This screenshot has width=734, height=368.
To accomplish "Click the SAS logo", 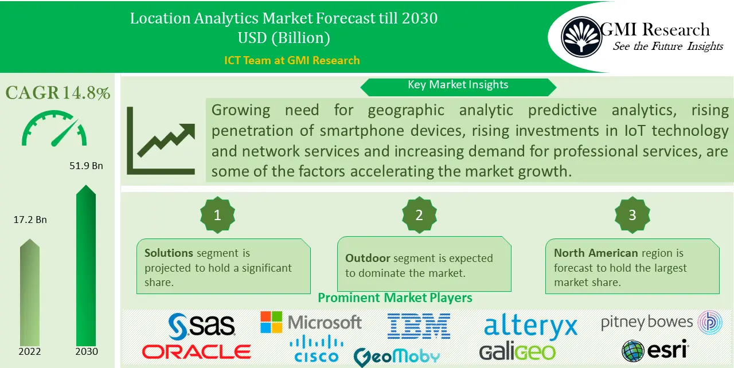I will (x=202, y=325).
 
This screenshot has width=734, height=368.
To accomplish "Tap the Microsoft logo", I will (x=311, y=323).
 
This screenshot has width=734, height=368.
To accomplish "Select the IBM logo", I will (x=419, y=325).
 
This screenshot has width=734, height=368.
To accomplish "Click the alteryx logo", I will (x=530, y=326).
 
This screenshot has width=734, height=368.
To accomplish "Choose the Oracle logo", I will (x=197, y=351).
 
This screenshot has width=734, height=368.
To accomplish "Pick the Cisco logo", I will (x=316, y=350).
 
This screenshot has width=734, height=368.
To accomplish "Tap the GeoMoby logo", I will (x=397, y=357).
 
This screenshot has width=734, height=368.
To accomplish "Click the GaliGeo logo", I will (x=517, y=351).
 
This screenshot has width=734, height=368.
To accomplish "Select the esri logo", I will (x=655, y=350).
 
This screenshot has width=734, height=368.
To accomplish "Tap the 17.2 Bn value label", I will (x=30, y=220).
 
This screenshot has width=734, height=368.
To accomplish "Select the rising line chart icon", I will (x=163, y=140).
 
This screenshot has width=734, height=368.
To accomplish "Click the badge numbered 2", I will (x=419, y=215).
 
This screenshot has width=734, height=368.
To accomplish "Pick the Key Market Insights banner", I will (x=458, y=85).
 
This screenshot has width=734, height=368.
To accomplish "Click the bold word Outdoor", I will (x=368, y=259).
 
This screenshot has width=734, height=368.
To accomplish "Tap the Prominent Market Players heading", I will (x=395, y=297).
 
